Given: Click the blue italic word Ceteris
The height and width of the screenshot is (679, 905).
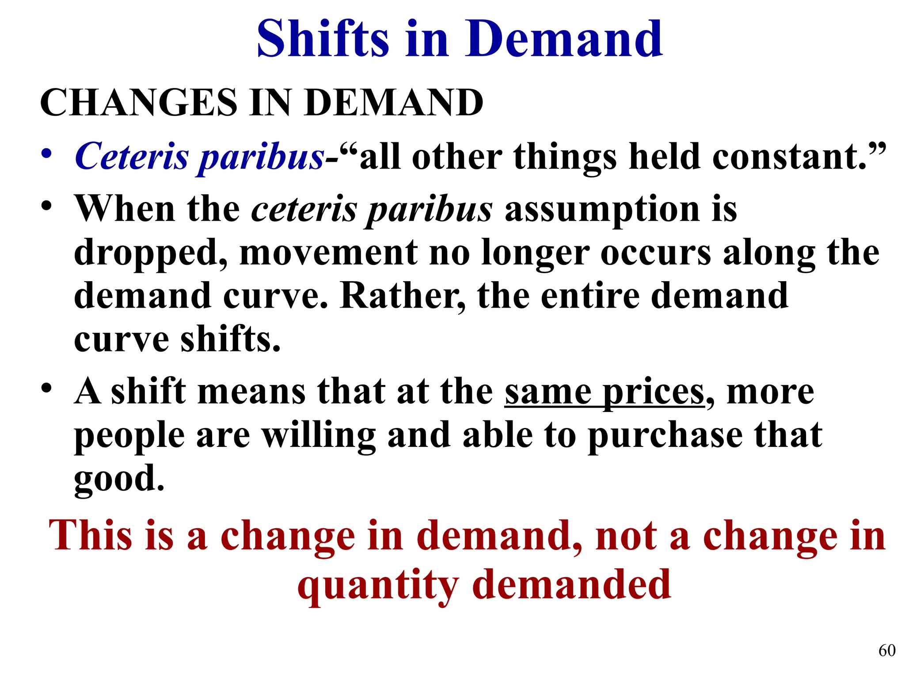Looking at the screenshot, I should [132, 156].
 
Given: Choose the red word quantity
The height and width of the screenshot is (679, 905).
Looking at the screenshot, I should [378, 585].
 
